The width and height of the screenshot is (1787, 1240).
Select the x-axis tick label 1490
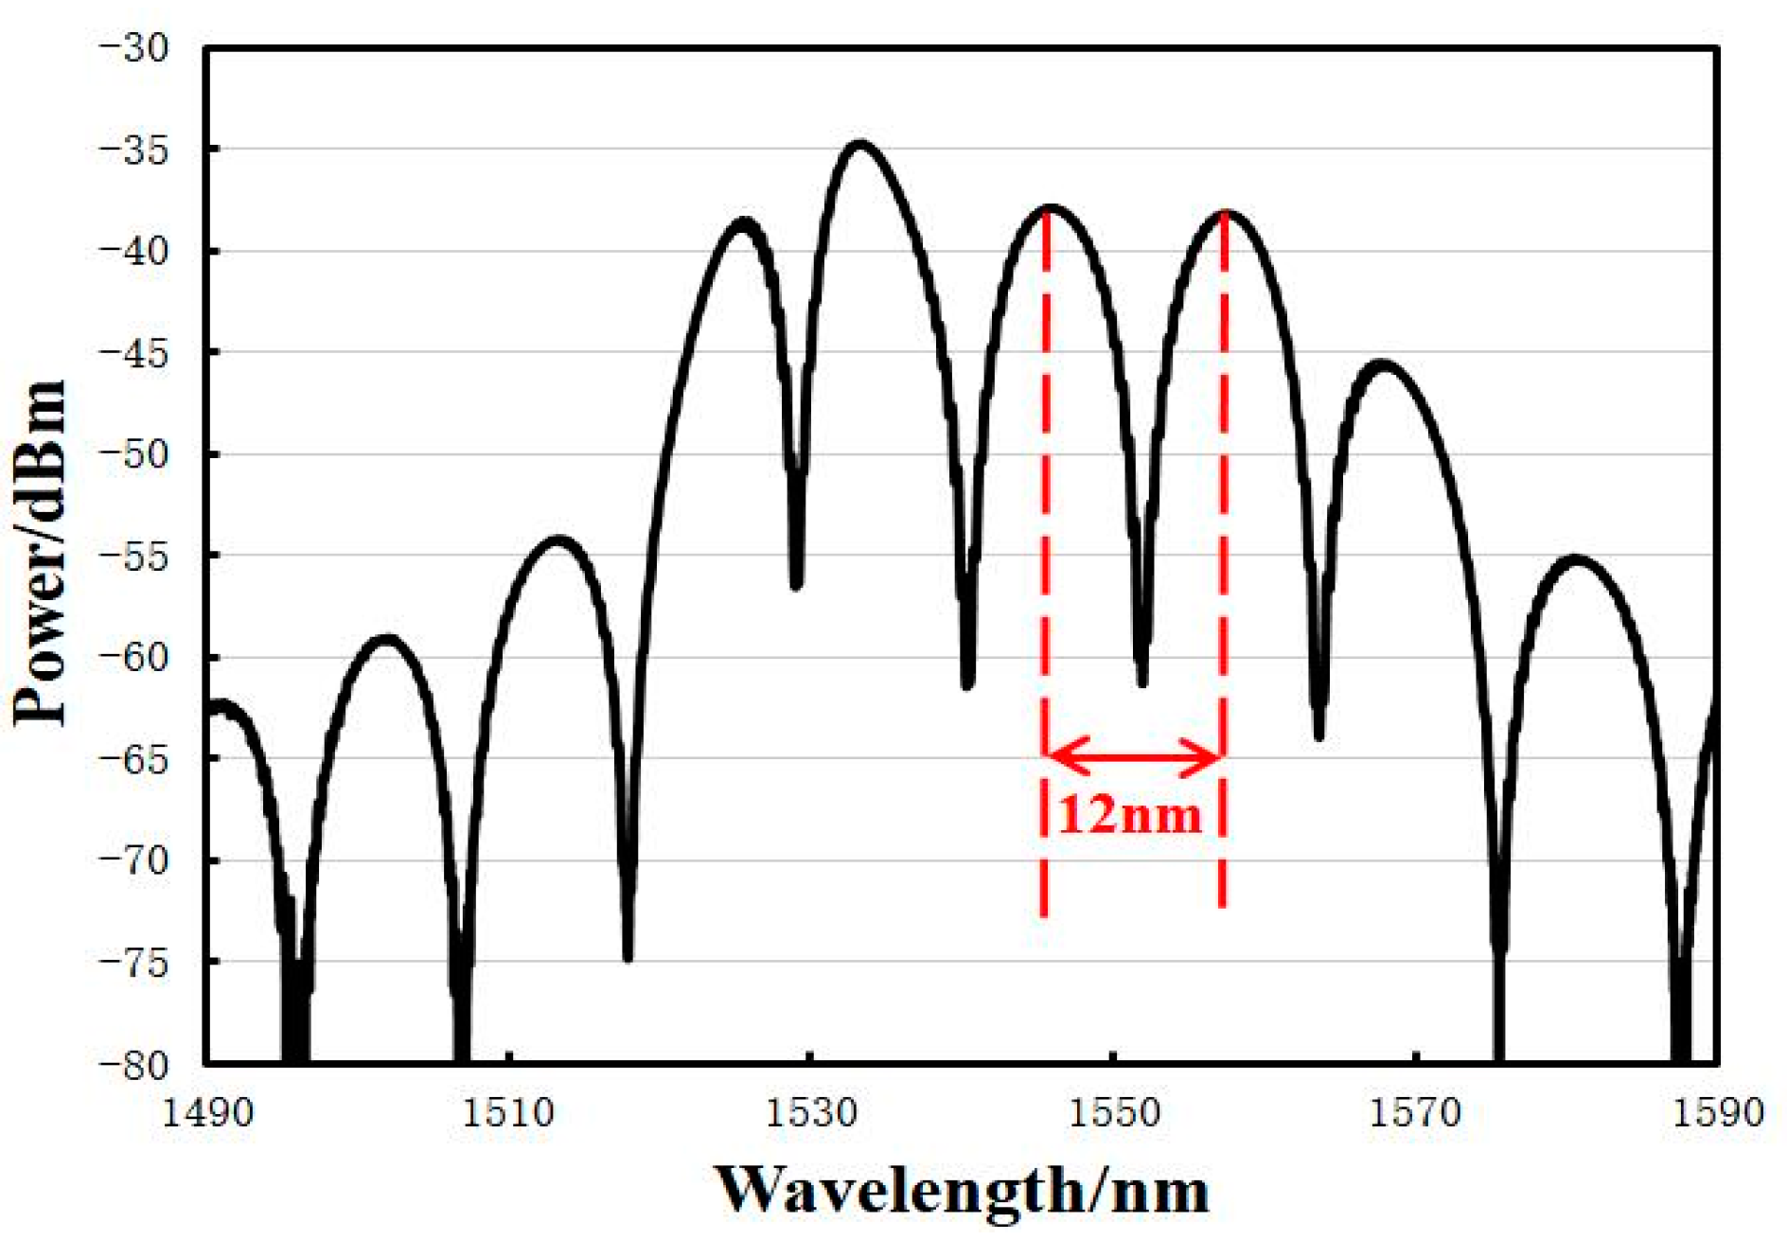pyautogui.click(x=207, y=1113)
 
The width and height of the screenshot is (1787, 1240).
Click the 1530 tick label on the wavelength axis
pyautogui.click(x=811, y=1113)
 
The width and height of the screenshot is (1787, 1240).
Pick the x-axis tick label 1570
pyautogui.click(x=1415, y=1113)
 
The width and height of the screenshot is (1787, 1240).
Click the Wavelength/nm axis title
pyautogui.click(x=960, y=1190)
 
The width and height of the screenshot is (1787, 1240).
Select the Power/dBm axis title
pyautogui.click(x=40, y=554)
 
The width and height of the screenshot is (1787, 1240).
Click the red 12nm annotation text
pyautogui.click(x=1129, y=814)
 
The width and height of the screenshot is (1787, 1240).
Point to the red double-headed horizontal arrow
pyautogui.click(x=1133, y=757)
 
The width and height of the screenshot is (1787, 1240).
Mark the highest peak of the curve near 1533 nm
pyautogui.click(x=859, y=145)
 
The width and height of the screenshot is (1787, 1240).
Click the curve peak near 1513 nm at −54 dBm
pyautogui.click(x=559, y=540)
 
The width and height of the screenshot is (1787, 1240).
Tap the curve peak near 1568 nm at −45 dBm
pyautogui.click(x=1384, y=364)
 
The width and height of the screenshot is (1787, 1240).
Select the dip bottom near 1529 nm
pyautogui.click(x=796, y=583)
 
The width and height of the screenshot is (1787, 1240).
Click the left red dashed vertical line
pyautogui.click(x=1044, y=568)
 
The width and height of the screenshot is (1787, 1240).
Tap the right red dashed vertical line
pyautogui.click(x=1223, y=568)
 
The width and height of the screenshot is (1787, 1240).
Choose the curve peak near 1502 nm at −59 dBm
pyautogui.click(x=386, y=640)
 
